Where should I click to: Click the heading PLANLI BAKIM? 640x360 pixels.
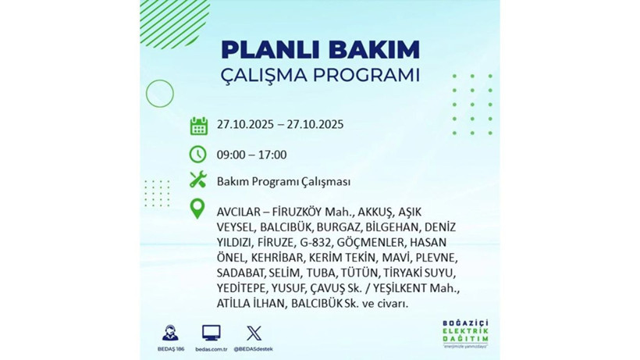[320, 49]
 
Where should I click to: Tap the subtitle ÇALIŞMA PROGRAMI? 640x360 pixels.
[320, 76]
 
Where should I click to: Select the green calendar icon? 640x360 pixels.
[198, 125]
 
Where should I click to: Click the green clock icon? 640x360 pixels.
[198, 154]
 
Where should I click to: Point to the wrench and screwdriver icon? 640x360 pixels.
[198, 180]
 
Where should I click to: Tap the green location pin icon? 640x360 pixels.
[198, 209]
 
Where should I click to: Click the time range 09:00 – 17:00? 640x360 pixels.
[252, 155]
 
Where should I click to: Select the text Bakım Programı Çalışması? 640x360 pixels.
[283, 181]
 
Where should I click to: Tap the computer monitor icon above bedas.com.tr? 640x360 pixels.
[211, 332]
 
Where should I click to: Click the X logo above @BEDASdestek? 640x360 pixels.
[254, 332]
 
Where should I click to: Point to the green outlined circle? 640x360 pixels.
[159, 94]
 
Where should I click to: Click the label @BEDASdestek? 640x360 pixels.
[254, 348]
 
